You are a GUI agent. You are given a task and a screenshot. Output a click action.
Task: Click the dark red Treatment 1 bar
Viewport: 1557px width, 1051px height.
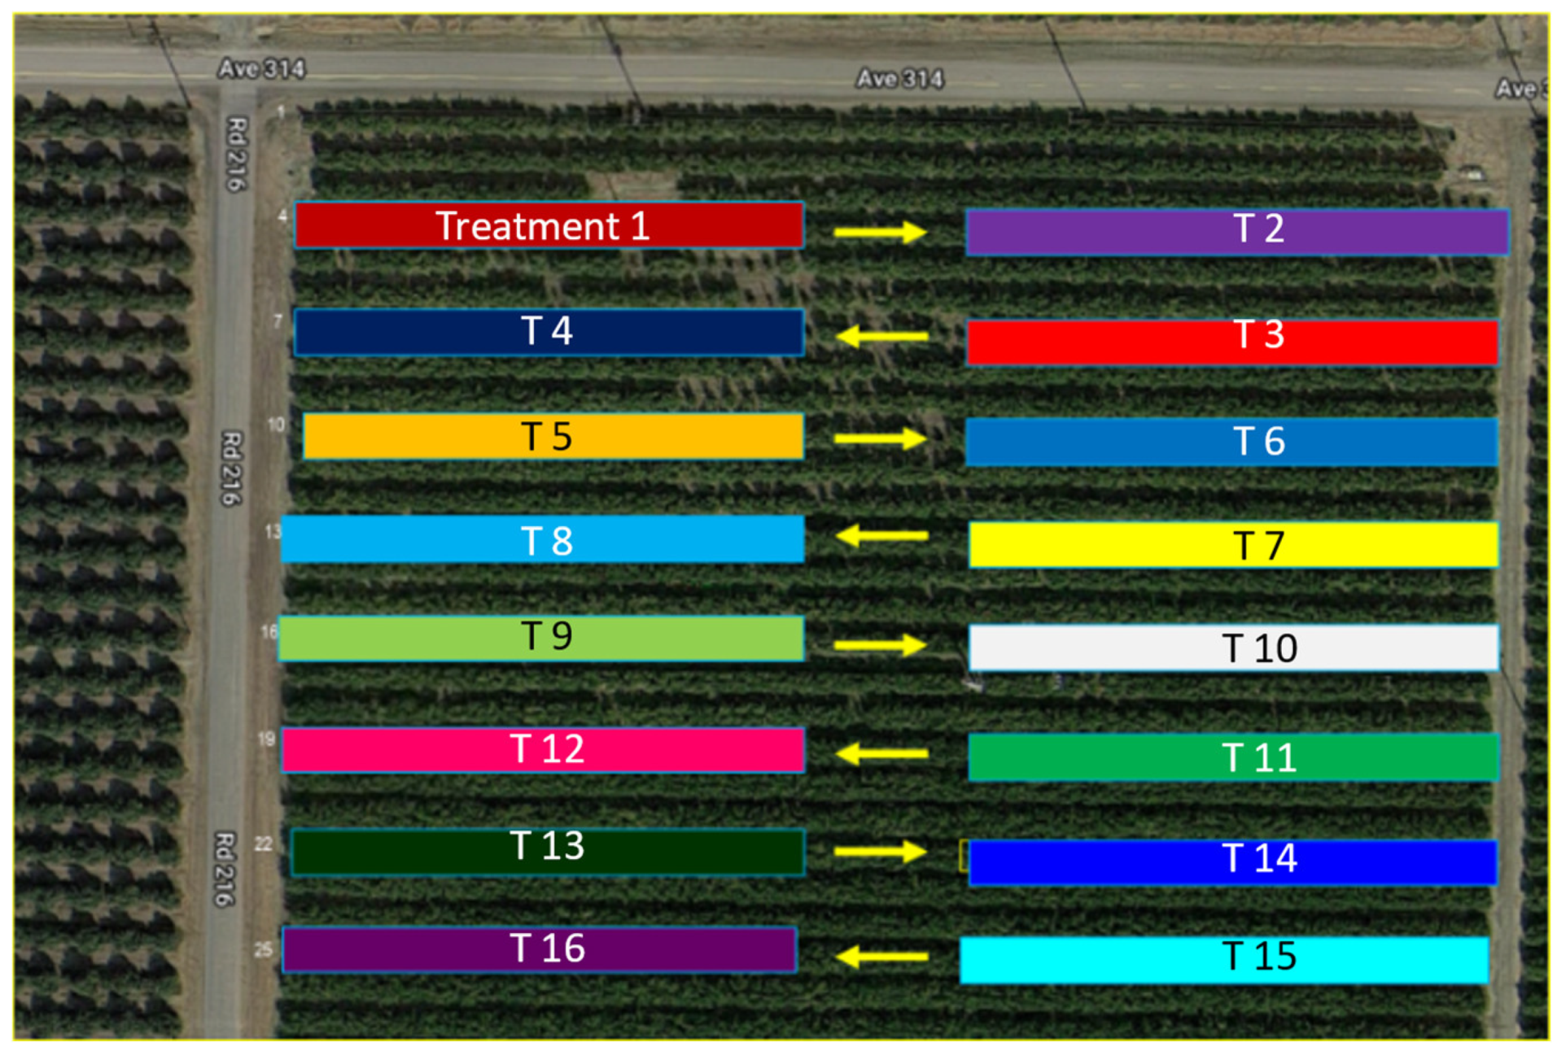click(548, 225)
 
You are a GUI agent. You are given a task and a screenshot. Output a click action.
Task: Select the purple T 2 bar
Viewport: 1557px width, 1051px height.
click(1236, 232)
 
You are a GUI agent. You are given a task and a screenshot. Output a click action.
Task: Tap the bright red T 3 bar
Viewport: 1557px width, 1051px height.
click(1231, 342)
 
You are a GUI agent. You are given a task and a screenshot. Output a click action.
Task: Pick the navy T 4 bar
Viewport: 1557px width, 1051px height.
click(548, 332)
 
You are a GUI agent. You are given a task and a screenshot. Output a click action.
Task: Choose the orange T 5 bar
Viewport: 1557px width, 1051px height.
click(553, 437)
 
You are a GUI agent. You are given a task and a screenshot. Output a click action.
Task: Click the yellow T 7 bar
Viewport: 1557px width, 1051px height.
click(1232, 545)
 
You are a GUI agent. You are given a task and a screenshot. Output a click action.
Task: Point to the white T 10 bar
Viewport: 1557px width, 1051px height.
click(1232, 648)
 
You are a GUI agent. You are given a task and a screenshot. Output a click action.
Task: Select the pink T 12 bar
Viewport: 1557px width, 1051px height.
click(542, 749)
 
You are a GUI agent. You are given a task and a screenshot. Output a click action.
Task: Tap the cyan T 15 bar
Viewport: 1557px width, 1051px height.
click(1223, 960)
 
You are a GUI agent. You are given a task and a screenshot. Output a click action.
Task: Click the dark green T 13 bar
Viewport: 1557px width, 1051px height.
click(547, 852)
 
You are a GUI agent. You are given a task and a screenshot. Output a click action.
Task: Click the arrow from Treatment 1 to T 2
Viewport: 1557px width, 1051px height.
click(880, 233)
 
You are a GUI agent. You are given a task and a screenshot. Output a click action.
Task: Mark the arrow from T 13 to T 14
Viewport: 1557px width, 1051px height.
click(880, 852)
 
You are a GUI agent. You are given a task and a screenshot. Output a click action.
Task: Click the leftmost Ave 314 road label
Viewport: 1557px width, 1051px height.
click(261, 69)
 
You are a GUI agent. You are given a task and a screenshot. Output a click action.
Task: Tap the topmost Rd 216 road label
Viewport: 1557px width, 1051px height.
click(236, 154)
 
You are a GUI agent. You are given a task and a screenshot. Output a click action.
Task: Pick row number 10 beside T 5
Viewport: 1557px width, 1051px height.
click(276, 425)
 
